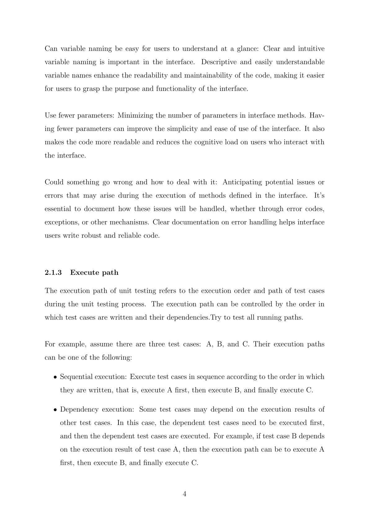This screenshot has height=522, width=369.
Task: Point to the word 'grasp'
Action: [x=91, y=89]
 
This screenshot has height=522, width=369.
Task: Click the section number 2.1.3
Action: [x=53, y=273]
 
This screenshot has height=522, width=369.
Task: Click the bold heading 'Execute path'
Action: [x=94, y=273]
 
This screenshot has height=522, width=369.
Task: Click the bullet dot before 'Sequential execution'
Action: [x=55, y=377]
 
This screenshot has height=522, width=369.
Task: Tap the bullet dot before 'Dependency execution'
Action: [x=55, y=410]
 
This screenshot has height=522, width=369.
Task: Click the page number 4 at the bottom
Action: [x=184, y=494]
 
